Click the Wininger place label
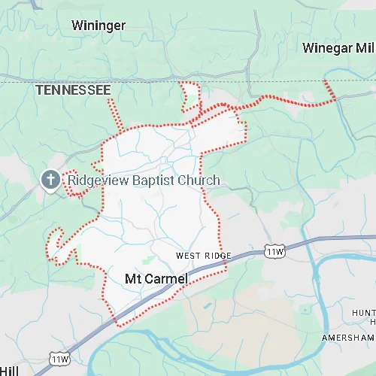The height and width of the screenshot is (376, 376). [99, 26]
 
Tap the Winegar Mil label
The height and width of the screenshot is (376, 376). [338, 48]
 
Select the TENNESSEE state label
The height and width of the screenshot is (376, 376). [74, 90]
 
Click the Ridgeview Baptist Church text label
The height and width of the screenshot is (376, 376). [144, 180]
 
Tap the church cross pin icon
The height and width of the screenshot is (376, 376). [50, 180]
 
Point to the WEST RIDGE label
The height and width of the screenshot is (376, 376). [204, 256]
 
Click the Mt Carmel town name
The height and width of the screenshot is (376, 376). [156, 279]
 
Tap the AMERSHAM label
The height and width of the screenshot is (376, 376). [348, 338]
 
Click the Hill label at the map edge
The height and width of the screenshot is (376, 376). [9, 371]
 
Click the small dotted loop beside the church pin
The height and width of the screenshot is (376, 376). [75, 189]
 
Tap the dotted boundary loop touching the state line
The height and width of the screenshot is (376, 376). [190, 96]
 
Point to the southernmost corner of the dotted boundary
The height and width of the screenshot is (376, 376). [117, 325]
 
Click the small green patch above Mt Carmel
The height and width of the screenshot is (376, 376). [150, 260]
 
